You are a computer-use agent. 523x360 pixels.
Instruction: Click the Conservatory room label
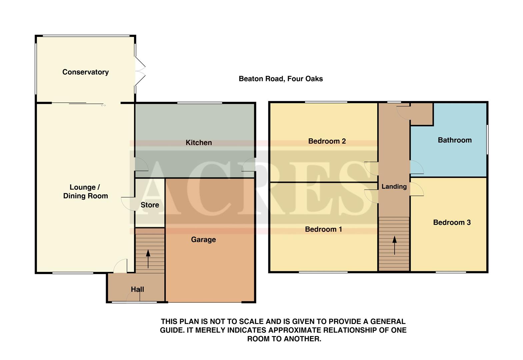pos(85,72)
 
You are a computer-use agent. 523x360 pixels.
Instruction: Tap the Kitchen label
pos(199,143)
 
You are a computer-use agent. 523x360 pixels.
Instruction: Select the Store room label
pos(150,205)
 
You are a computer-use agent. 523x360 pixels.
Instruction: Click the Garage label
pos(203,240)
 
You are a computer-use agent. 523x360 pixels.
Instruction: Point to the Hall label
pos(137,289)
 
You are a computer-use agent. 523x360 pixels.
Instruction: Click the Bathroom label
pos(454,140)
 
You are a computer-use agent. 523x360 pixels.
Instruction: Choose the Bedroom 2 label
pos(327,141)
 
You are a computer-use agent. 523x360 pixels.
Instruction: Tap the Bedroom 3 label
pos(452,222)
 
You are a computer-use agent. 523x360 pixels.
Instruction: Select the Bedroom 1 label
pos(323,229)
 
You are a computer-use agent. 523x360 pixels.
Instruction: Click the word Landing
pos(394,187)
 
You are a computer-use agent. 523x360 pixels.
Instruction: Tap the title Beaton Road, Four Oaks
pos(281,79)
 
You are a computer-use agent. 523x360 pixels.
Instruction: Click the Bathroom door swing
pos(416,167)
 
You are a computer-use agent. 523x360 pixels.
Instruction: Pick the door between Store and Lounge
pos(128,204)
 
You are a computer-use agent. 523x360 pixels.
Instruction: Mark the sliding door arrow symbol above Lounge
pos(103,105)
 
